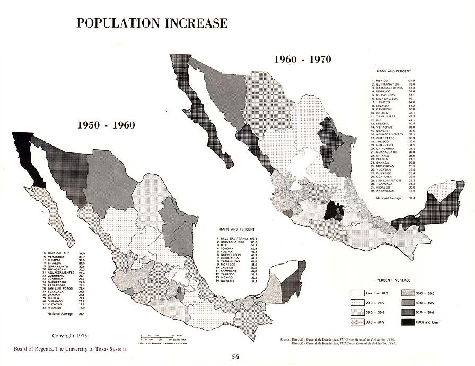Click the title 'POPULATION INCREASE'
152,23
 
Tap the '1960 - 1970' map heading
302,59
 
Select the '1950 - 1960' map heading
106,125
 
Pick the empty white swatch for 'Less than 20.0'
358,293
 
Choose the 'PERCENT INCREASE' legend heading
395,279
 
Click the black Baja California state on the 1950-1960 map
27,157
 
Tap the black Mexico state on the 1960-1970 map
333,211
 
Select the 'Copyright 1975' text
69,336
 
